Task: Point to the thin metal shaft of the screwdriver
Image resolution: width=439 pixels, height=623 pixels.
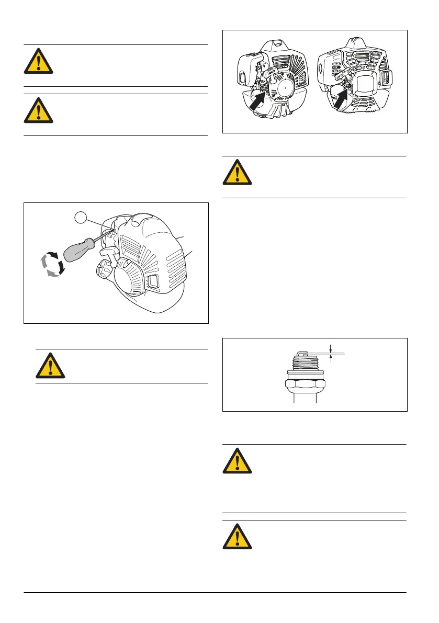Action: (103, 235)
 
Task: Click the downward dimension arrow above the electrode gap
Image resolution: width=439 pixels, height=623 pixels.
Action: (330, 347)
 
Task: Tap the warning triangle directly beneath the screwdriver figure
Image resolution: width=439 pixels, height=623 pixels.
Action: (50, 366)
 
